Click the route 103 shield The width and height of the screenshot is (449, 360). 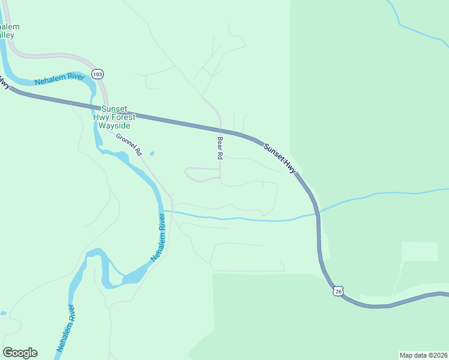tap(98, 73)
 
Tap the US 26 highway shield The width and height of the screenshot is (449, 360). tap(339, 291)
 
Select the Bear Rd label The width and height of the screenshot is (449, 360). tap(220, 148)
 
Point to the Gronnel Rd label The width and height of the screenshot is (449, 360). tap(128, 142)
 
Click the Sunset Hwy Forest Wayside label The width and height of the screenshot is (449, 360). tap(114, 117)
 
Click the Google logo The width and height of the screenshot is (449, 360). tap(20, 353)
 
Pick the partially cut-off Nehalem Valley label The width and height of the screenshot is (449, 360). tap(8, 31)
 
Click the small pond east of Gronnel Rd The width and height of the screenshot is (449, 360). tap(151, 154)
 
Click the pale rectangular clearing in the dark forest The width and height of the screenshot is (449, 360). tap(419, 251)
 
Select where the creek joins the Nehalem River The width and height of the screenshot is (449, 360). tap(164, 211)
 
